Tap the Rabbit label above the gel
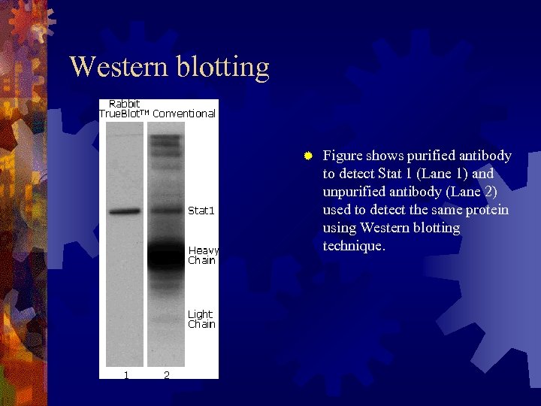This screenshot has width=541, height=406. (x=124, y=104)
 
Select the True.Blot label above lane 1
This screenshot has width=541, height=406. (x=125, y=114)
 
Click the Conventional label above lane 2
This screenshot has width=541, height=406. (x=184, y=114)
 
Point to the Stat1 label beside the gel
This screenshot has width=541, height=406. (x=201, y=211)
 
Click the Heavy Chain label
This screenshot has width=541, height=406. (x=203, y=255)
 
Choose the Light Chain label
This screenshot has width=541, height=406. (x=201, y=319)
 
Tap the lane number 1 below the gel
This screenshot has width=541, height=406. (x=126, y=374)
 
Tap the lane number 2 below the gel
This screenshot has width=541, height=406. (x=166, y=374)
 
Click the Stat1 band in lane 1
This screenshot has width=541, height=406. (x=125, y=212)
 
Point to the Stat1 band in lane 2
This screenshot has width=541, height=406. (x=165, y=212)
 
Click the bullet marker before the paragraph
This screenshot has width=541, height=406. (x=307, y=156)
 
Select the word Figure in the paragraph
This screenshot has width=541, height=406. (x=343, y=156)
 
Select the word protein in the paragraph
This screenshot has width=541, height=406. (x=486, y=209)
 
